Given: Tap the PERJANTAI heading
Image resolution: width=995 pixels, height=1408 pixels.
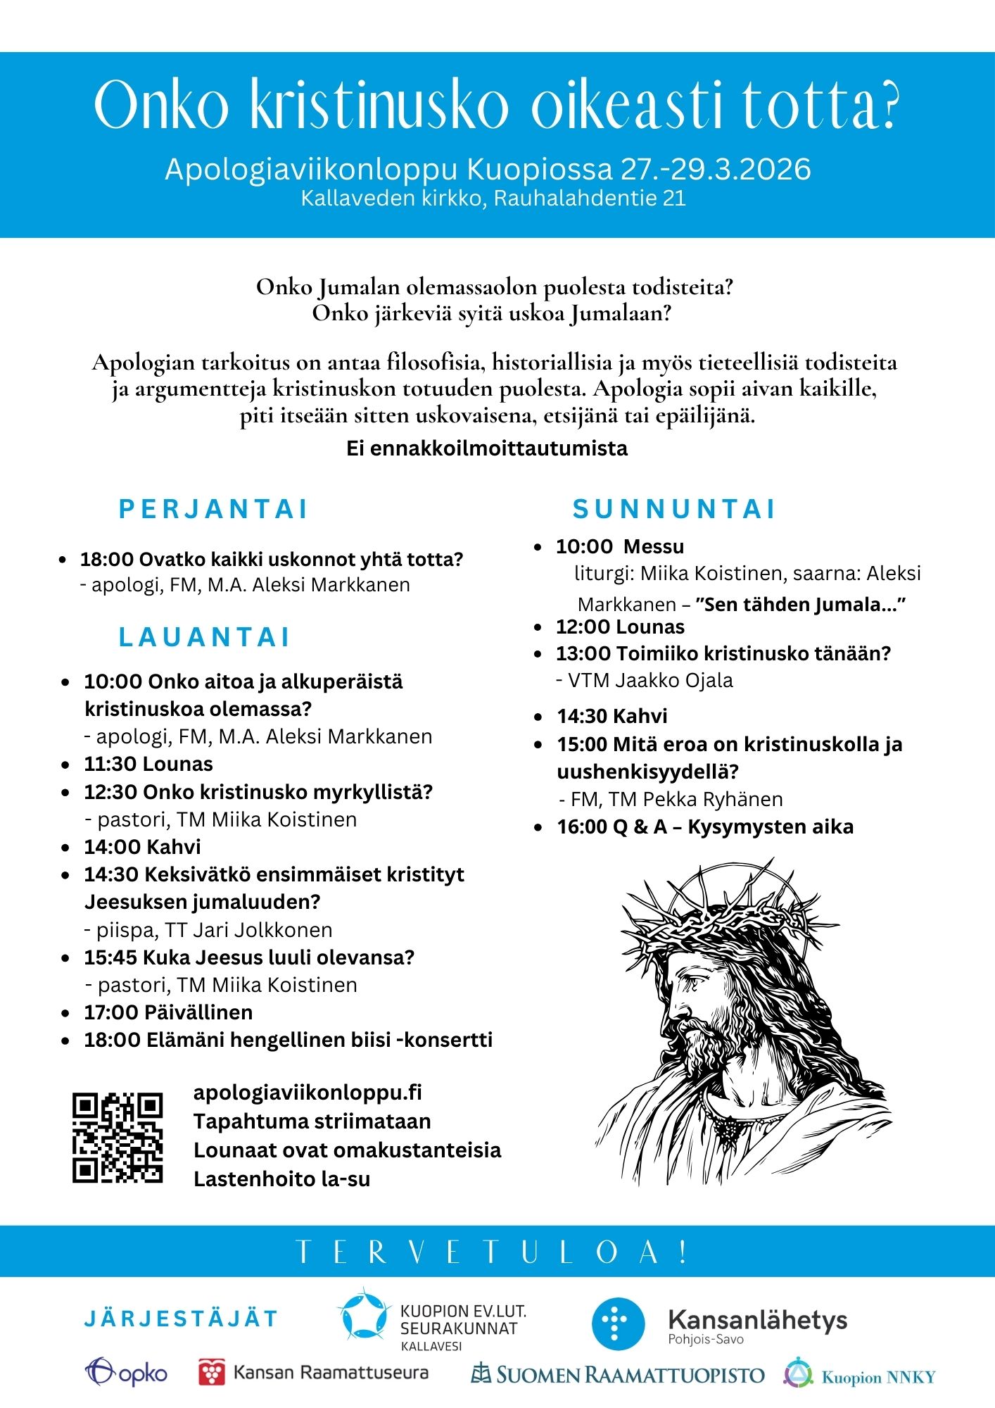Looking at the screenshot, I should pos(214,509).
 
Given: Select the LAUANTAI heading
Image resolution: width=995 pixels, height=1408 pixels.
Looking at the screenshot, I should pos(205,637).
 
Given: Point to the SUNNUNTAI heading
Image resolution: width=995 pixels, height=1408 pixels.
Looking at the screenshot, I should pos(674,509).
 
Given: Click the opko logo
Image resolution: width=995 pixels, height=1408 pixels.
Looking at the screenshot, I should pos(127,1373).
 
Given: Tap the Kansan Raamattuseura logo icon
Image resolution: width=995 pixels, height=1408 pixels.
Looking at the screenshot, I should pos(212,1373).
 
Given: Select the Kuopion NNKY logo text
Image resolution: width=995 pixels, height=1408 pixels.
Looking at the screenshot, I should pos(879,1377).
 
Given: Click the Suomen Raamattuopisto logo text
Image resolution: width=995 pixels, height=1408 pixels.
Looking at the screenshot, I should pos(630,1375).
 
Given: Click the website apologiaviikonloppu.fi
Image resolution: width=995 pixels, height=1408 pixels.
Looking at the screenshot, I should pos(308,1092).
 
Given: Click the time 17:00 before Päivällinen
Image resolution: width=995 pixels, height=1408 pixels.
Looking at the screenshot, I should pos(111,1012).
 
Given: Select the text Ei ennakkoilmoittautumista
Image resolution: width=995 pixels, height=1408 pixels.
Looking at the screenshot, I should pos(487,448).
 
